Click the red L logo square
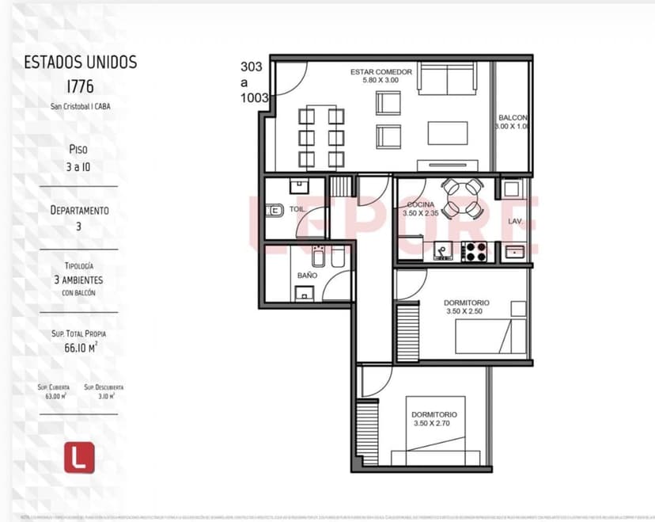(79, 457)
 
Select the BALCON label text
(513, 117)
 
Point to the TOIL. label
(297, 210)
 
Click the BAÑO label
(307, 275)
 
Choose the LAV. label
(515, 221)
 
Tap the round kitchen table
(461, 198)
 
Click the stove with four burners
(474, 252)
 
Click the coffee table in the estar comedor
(448, 132)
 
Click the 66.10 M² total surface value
(81, 347)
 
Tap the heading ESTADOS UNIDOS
(80, 62)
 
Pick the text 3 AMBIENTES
(78, 280)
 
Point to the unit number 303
(252, 67)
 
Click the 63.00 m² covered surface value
(55, 395)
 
